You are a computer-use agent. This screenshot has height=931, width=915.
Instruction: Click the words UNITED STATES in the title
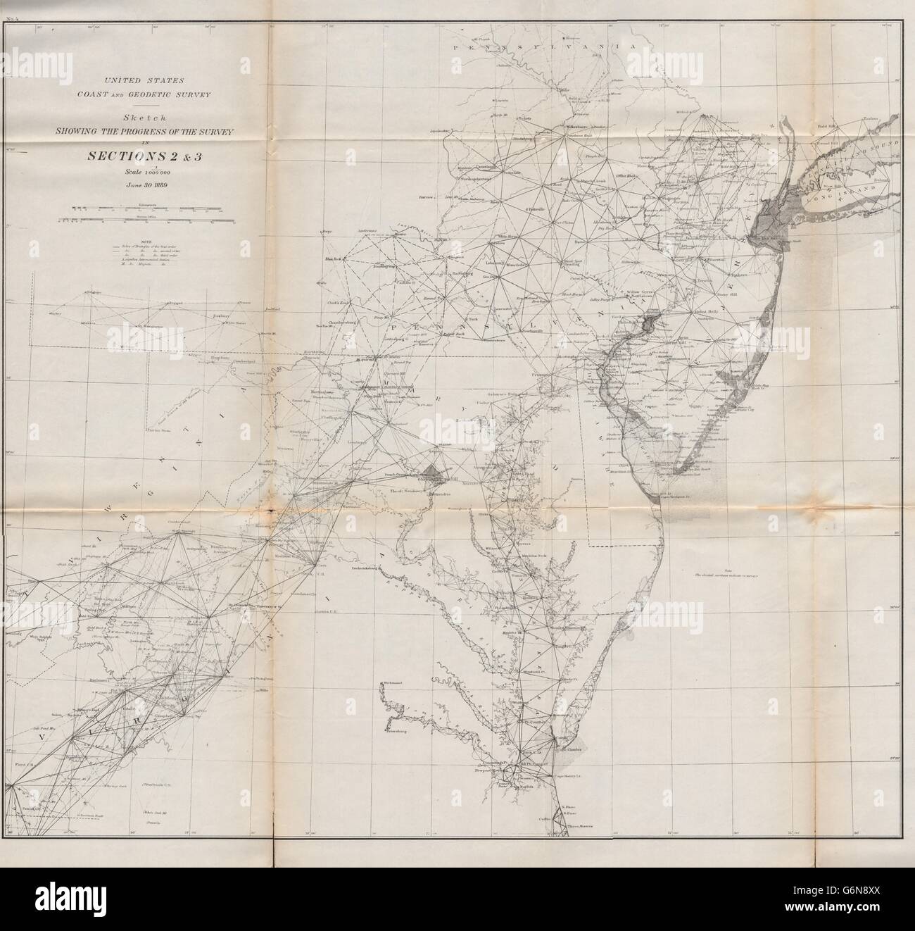126,82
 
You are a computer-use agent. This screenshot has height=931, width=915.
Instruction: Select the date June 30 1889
126,185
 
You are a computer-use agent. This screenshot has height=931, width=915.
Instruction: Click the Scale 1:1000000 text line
126,172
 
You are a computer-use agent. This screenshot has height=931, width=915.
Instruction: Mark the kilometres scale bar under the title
127,208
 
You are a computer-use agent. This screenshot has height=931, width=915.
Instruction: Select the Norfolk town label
524,777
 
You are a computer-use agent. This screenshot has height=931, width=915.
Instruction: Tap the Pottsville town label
538,210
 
